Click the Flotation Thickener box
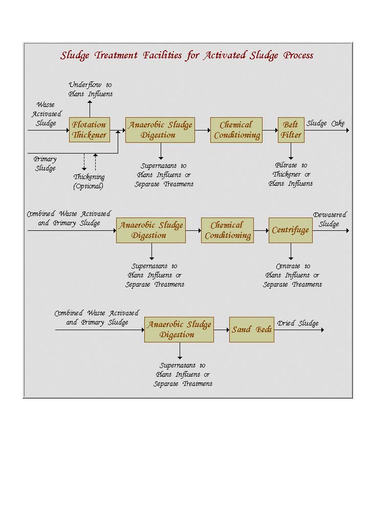[x=89, y=130]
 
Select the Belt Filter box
[x=291, y=130]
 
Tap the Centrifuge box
[x=290, y=230]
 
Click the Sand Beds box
[x=252, y=330]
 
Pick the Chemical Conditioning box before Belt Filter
[x=236, y=130]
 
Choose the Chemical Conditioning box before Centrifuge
[x=227, y=230]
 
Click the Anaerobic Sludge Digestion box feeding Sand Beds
[x=179, y=330]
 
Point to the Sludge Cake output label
[x=325, y=123]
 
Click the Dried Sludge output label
[x=298, y=323]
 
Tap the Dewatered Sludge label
[x=330, y=220]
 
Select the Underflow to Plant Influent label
[x=91, y=89]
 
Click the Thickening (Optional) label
[x=89, y=181]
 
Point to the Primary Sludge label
[x=45, y=163]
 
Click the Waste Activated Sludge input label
[x=46, y=114]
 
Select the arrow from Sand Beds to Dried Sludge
[x=299, y=330]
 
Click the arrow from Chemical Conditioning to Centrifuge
[x=261, y=230]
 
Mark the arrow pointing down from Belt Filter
[x=291, y=151]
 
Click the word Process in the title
[x=298, y=55]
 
